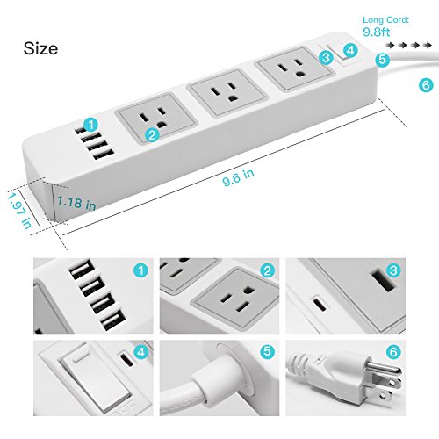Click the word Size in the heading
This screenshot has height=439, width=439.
pos(40,47)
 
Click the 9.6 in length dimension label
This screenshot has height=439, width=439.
pos(237,174)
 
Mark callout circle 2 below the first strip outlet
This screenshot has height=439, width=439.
pos(154,134)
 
